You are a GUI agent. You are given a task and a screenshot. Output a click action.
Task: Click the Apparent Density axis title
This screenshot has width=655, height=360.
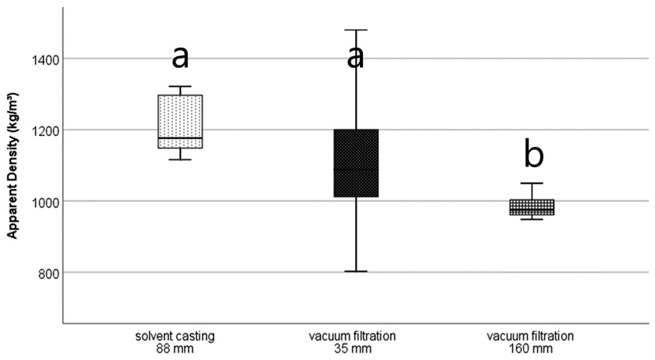(x=12, y=166)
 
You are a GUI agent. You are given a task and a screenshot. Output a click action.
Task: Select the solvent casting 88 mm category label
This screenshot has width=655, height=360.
(x=175, y=342)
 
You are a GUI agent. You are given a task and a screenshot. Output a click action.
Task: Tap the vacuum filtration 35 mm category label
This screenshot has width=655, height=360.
(x=352, y=342)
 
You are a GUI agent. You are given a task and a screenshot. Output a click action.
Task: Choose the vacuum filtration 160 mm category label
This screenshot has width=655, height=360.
(x=530, y=342)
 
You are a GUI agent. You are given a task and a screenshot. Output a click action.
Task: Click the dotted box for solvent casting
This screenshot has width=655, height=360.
(x=180, y=122)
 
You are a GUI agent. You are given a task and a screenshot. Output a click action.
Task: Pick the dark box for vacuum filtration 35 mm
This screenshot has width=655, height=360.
(x=356, y=163)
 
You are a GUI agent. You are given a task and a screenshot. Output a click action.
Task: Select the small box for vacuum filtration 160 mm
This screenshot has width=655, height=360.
(x=532, y=207)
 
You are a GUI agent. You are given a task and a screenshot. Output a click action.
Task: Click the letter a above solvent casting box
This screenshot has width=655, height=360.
(x=180, y=58)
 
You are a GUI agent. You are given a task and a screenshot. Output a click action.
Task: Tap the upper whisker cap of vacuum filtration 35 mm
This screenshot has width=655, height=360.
(x=356, y=30)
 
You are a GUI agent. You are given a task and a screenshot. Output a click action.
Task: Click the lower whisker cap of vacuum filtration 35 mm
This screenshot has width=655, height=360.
(x=356, y=272)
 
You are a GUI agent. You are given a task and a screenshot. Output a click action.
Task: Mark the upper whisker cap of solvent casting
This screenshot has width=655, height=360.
(x=180, y=87)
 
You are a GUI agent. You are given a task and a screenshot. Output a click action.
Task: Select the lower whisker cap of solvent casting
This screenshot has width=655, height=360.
(x=180, y=159)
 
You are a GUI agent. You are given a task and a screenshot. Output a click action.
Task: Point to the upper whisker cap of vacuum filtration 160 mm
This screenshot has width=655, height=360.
(x=532, y=184)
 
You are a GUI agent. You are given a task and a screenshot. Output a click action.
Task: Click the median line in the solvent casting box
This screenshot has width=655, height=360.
(x=180, y=137)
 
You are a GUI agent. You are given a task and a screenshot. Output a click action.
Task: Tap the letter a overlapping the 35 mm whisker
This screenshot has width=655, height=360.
(x=355, y=58)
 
